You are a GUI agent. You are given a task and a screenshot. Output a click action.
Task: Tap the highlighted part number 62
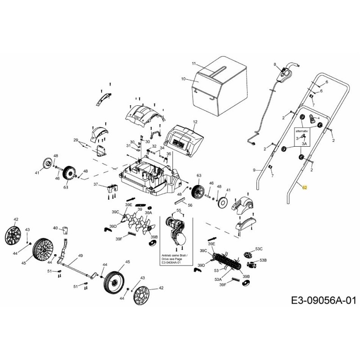coord(304,187)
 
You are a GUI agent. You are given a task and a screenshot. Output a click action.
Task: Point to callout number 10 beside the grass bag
coord(183,79)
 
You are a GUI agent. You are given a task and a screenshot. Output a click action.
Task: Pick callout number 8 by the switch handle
coord(275,65)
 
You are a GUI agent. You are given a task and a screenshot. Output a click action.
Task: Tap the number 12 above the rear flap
coord(195,122)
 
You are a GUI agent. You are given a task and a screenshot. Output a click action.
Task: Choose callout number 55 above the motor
coord(178,210)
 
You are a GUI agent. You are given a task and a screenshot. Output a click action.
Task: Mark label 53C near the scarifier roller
coord(259,248)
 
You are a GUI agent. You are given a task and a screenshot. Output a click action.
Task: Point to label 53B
coord(264,260)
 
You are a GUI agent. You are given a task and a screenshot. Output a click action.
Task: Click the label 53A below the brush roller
coord(218,279)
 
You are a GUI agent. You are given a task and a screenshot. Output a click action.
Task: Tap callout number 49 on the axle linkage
coord(81,256)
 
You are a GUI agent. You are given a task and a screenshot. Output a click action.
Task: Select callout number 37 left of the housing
coord(95,184)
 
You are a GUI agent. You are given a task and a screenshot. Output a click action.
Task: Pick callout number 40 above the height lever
coord(55,228)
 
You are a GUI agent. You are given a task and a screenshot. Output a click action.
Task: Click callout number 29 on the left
coord(76,140)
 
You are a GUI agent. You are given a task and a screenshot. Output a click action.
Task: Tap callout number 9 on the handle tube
coord(254,170)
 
